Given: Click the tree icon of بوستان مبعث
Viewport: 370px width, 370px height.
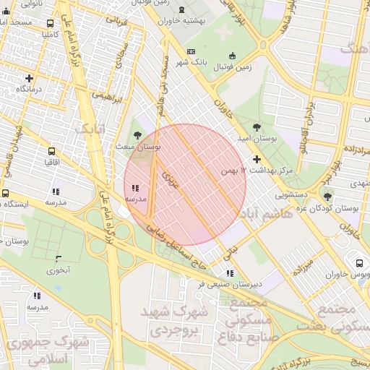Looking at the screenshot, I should tap(138, 134).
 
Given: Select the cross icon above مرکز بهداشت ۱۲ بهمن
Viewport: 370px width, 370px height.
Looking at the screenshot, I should tap(257, 159).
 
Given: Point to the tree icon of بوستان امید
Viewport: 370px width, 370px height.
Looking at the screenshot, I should tap(237, 126).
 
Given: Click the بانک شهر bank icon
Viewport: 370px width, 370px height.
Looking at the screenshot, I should tap(191, 52).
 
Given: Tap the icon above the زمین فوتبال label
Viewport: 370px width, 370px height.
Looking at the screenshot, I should tap(232, 56).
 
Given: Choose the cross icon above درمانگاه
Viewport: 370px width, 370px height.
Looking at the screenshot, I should tap(29, 78).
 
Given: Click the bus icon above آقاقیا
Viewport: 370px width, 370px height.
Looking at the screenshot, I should tap(51, 152).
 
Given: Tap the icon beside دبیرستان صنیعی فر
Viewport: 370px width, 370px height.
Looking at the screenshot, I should tap(229, 273).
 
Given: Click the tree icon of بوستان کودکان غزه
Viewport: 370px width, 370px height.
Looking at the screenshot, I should tap(327, 197).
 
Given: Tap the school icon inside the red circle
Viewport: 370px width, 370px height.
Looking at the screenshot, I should tap(136, 188).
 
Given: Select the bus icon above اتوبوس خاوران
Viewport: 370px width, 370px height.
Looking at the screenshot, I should tap(359, 262).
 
